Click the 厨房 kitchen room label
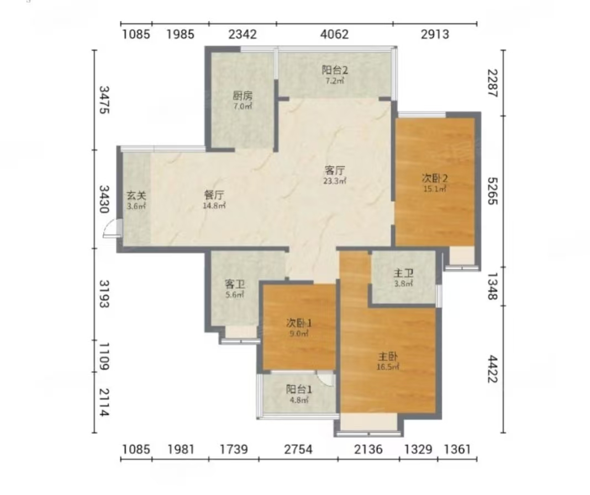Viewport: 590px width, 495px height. [x=243, y=96]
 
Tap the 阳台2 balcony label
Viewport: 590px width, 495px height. [x=335, y=70]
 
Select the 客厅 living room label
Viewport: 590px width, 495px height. [x=335, y=171]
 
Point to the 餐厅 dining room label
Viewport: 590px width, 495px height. [x=214, y=195]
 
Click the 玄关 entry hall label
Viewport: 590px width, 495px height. [x=136, y=195]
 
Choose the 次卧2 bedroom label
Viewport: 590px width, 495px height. [x=435, y=179]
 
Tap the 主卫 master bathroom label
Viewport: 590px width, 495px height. [x=403, y=273]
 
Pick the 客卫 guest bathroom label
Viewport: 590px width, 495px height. [x=234, y=284]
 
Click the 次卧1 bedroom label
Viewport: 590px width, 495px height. [x=299, y=323]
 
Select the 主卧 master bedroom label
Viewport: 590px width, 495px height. [x=388, y=356]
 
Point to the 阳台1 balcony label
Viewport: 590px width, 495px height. [x=299, y=390]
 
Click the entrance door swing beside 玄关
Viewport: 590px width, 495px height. [x=110, y=229]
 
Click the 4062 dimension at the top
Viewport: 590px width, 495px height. [x=335, y=34]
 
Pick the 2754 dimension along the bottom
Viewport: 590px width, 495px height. [x=298, y=449]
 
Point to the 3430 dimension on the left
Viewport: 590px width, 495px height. [x=104, y=199]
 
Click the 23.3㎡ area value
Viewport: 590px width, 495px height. [x=335, y=181]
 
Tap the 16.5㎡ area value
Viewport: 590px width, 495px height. [x=388, y=367]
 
